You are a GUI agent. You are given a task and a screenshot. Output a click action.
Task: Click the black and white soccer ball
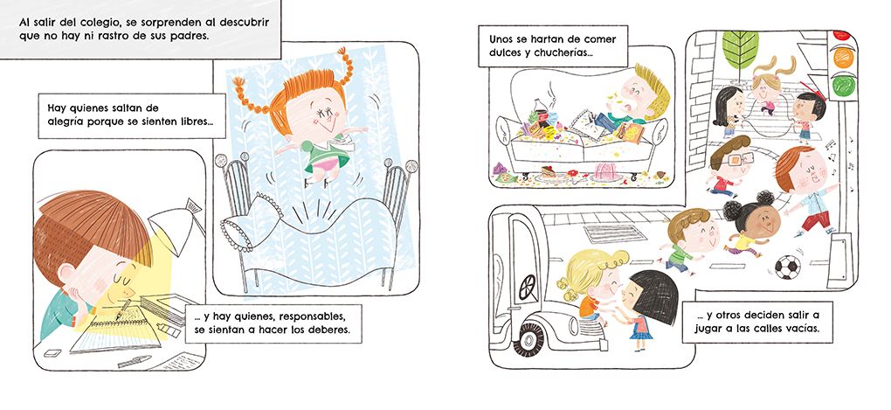(x=788, y=267)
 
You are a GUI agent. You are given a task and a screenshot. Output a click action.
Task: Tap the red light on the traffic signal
(x=841, y=34)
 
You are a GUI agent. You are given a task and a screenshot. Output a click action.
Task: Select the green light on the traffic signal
(x=843, y=86)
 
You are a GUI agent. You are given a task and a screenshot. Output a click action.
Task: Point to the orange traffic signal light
(x=843, y=58)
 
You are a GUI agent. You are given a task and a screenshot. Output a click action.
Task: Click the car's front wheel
(x=532, y=339)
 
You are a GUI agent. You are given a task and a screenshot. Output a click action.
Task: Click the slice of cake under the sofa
(x=549, y=173)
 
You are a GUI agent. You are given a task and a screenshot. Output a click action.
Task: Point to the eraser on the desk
(x=52, y=352)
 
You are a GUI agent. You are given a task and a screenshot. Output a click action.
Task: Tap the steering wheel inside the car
(x=527, y=287)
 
